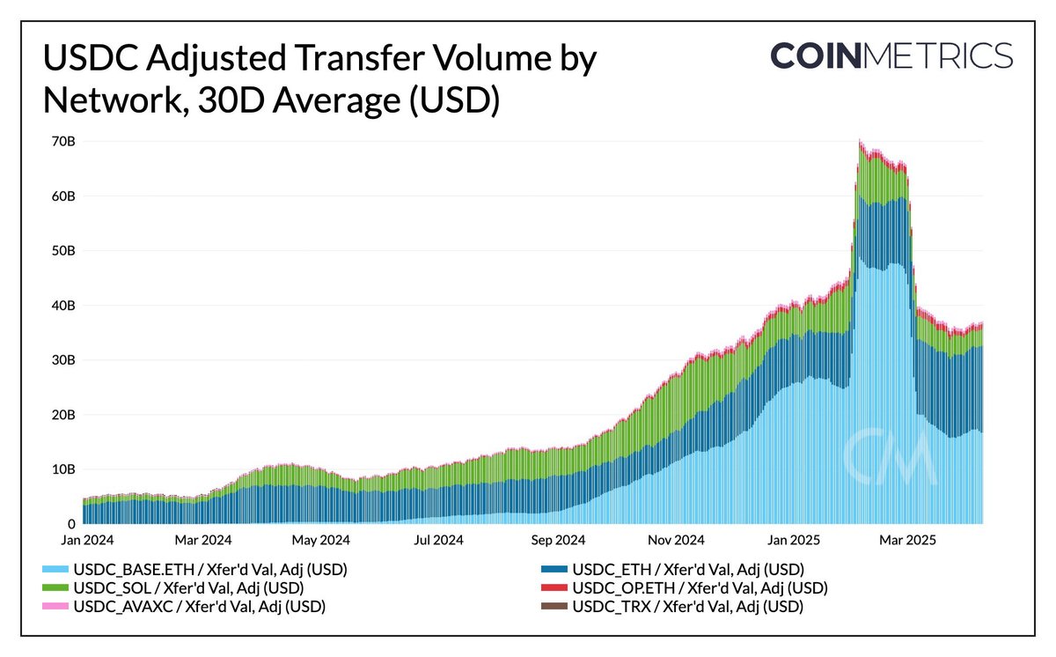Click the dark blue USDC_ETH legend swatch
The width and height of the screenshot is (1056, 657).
(554, 570)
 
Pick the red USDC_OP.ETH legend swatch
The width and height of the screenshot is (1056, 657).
(554, 587)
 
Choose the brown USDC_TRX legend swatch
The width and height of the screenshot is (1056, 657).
(554, 606)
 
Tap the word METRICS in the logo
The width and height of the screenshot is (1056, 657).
(939, 55)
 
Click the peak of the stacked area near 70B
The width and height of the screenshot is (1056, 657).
(859, 141)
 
